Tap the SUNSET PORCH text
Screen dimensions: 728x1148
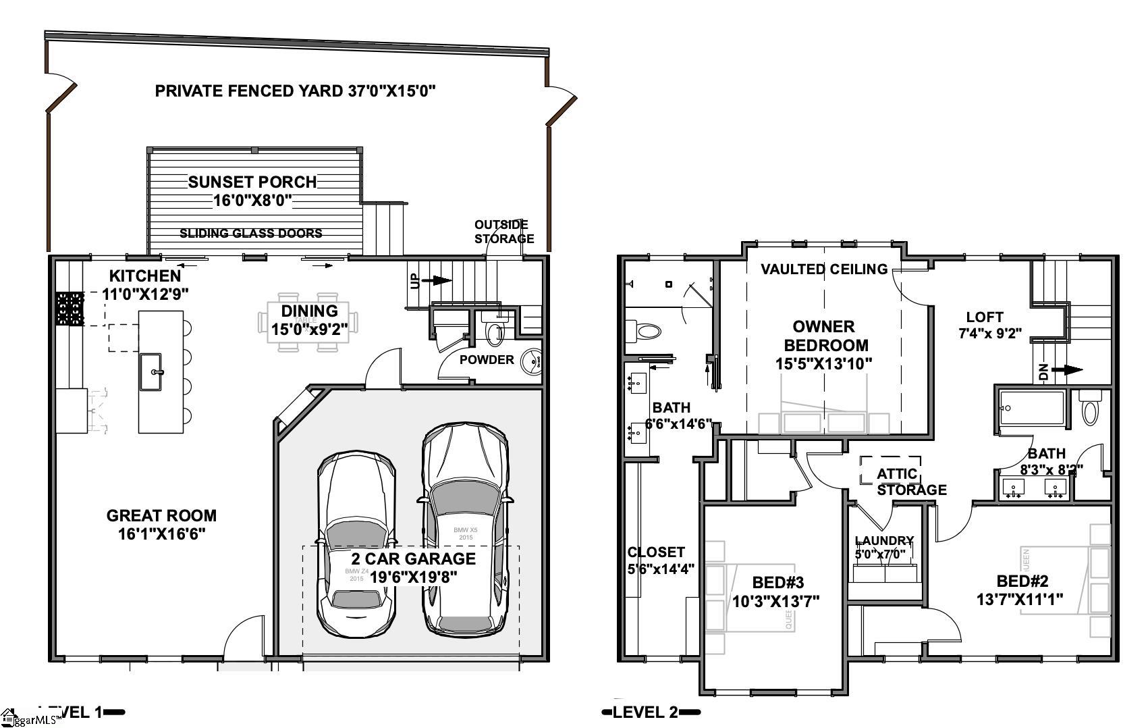[252, 182]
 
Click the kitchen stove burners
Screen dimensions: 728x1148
[70, 309]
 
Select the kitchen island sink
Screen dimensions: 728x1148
[151, 371]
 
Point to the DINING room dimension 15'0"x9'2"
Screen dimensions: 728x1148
[309, 330]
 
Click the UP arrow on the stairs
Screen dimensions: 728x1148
[441, 280]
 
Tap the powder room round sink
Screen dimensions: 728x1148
[534, 359]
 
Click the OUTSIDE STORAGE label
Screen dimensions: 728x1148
[503, 232]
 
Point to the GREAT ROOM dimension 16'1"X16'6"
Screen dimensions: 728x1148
[162, 534]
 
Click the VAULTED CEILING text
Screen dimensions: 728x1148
[824, 269]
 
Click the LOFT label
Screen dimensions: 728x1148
[985, 317]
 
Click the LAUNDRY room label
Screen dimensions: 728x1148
[884, 541]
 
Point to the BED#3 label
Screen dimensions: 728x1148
[778, 582]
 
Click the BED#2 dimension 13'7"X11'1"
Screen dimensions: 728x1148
[1020, 599]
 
